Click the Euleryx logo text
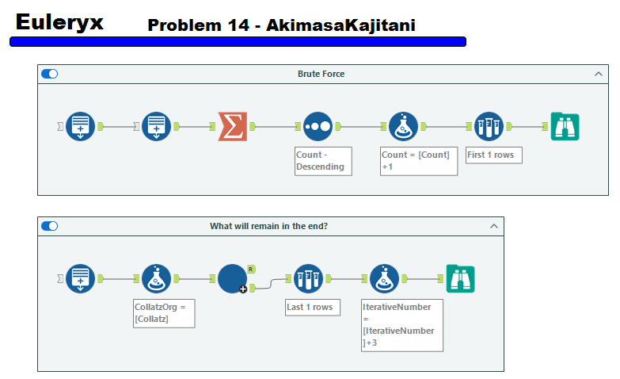tap(59, 22)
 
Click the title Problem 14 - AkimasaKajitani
tap(281, 25)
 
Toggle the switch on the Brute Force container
tap(49, 74)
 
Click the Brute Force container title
tap(321, 74)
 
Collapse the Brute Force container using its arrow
tap(599, 74)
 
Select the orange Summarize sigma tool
tap(232, 126)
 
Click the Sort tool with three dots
tap(317, 126)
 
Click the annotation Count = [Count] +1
tap(418, 160)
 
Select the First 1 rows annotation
tap(493, 155)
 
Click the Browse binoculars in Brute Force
tap(565, 126)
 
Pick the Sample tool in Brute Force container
tap(489, 126)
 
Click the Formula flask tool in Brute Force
tap(403, 126)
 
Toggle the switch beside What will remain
tap(49, 226)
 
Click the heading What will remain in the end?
tap(268, 226)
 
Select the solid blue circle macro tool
tap(232, 278)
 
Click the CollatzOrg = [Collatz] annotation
tap(164, 312)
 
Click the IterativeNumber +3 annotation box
tap(401, 324)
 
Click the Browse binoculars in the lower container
tap(460, 278)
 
